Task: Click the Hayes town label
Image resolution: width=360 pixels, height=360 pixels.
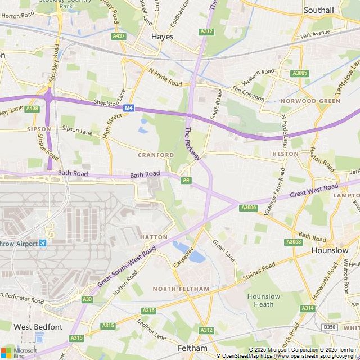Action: (162, 37)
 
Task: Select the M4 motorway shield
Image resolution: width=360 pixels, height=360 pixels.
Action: (129, 107)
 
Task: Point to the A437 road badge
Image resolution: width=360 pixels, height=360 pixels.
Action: (118, 36)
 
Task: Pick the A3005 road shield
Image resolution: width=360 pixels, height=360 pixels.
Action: (300, 73)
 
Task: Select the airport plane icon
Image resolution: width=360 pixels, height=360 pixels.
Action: (43, 243)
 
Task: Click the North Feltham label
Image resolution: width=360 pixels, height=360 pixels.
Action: (181, 289)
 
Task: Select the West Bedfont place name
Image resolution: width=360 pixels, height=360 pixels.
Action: (38, 327)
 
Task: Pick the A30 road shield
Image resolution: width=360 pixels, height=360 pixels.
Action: (87, 299)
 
